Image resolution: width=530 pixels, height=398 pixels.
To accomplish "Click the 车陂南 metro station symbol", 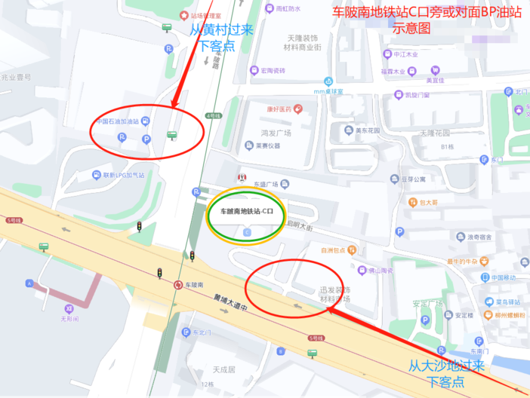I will pos(178,285).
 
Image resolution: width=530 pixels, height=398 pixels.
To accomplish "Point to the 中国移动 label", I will pos(502,277).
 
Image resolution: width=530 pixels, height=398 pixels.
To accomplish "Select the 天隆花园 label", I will pos(435,133).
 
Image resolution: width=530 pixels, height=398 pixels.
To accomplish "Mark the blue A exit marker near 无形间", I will pos(29,283).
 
